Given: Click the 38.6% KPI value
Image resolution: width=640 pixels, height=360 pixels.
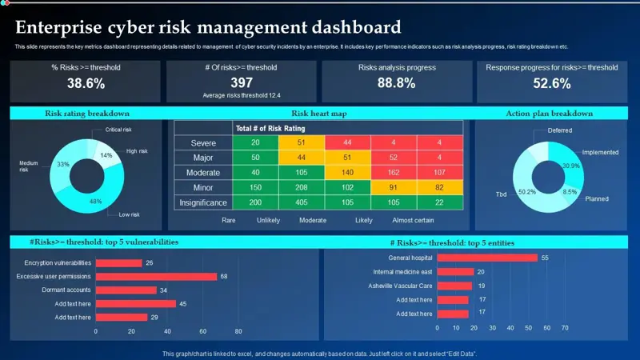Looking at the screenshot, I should tap(86, 83).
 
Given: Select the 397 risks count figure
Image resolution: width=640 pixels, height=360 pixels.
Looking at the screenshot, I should tap(242, 82).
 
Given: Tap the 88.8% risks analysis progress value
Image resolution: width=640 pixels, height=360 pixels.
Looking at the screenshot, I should tap(397, 83).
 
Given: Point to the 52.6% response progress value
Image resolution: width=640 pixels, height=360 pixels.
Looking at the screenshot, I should tap(551, 83).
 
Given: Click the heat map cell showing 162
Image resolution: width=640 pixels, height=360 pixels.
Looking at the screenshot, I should tap(394, 173).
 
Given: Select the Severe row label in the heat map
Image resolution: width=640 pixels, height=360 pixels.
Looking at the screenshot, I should tap(203, 143).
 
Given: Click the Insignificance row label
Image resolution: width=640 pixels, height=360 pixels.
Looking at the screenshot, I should tap(203, 202).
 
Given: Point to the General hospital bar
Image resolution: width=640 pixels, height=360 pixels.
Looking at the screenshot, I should tap(487, 258).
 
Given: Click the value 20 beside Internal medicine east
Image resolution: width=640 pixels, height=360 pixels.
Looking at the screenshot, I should tap(481, 272).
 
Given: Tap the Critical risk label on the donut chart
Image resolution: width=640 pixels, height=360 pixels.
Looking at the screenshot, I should tap(118, 130).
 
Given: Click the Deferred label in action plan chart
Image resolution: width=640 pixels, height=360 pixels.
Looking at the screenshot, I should tap(560, 130).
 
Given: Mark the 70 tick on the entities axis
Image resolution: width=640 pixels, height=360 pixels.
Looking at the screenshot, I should tap(566, 328).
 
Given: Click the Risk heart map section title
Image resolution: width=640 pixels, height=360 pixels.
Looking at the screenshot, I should tap(318, 114).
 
